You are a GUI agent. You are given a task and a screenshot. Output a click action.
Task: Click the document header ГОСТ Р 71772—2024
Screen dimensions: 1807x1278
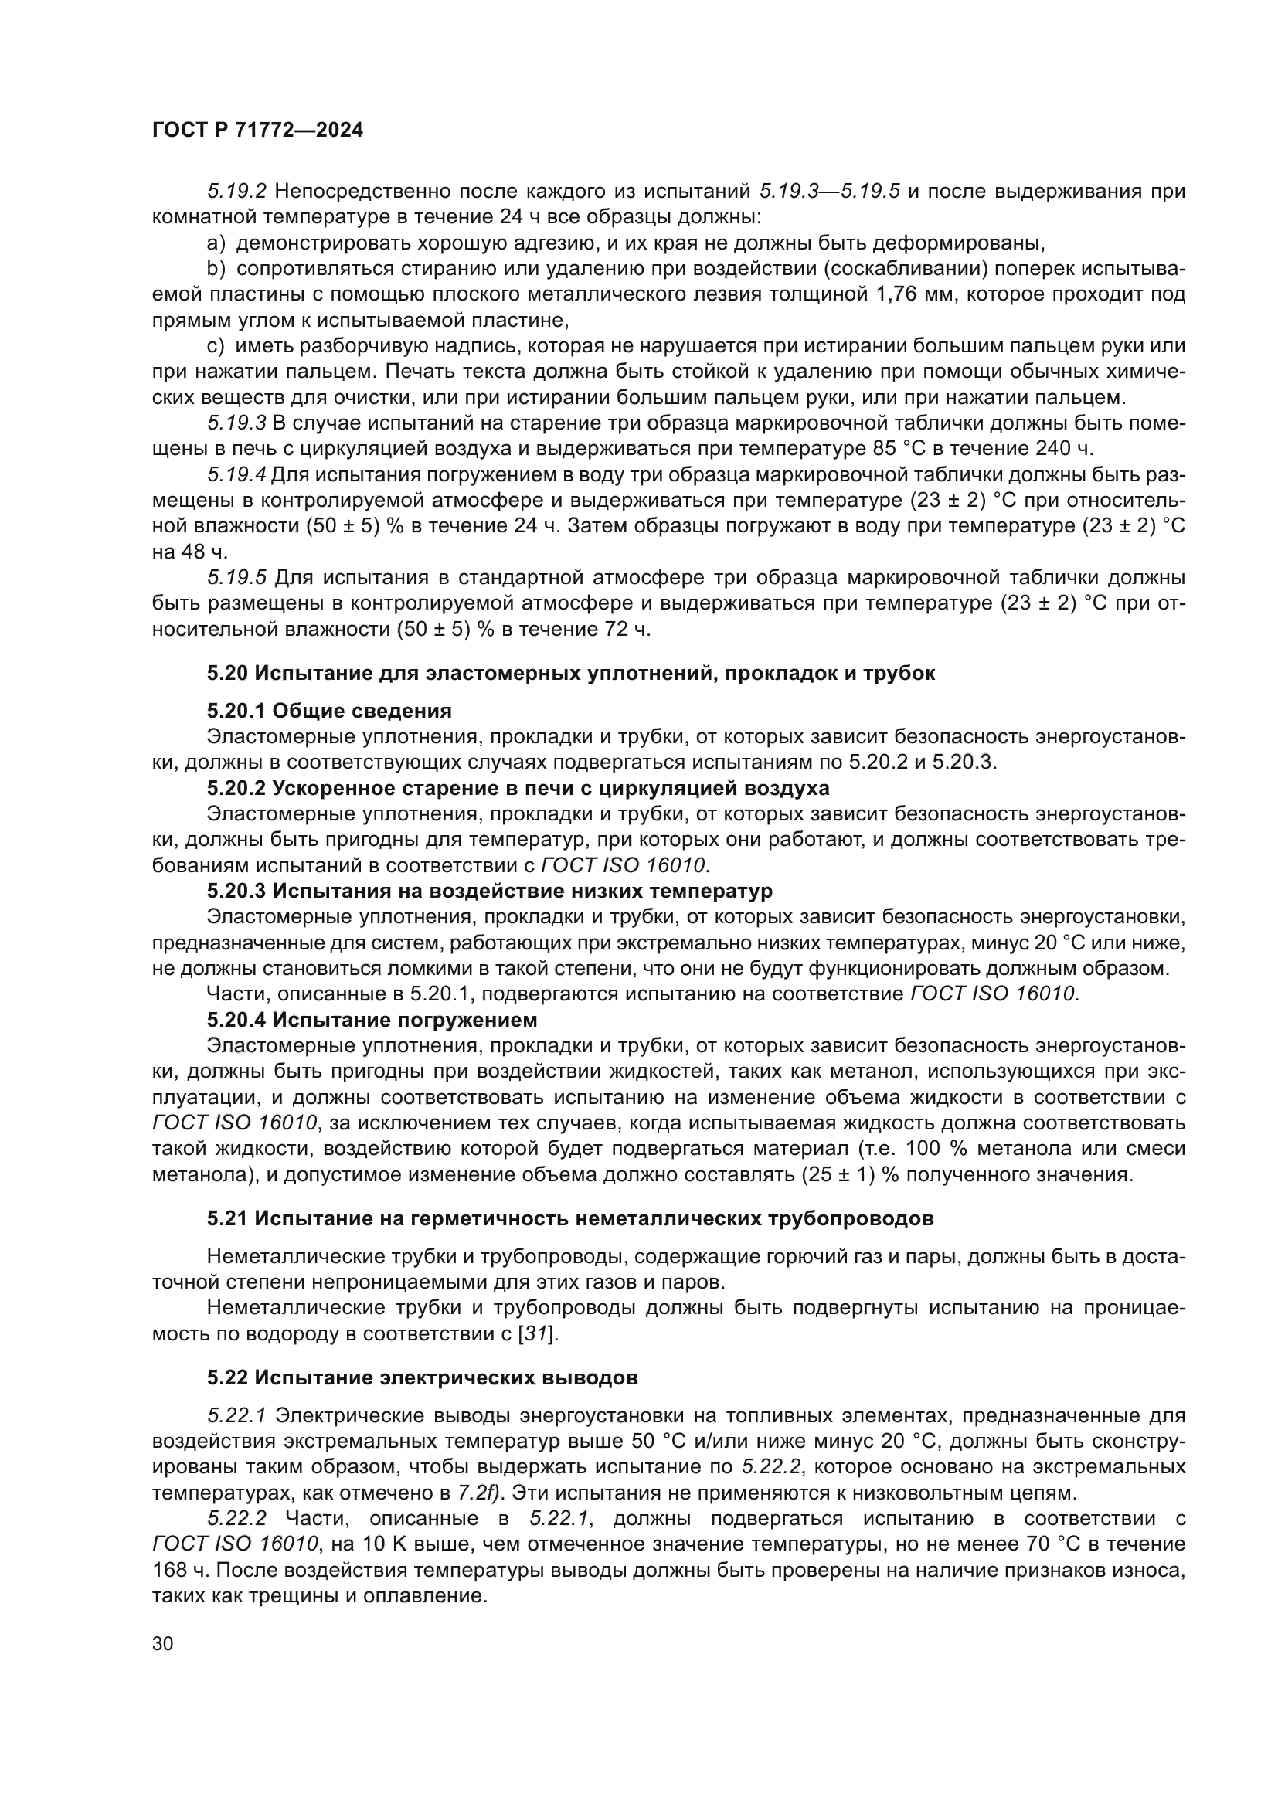point(257,131)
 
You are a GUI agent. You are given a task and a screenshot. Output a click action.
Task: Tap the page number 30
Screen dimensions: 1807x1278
point(163,1643)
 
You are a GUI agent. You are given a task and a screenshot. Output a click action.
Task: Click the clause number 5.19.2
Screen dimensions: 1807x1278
point(238,192)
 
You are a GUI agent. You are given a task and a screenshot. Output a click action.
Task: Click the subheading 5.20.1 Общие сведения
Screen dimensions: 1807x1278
point(329,711)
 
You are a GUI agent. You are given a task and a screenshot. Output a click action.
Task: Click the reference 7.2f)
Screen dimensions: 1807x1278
point(481,1493)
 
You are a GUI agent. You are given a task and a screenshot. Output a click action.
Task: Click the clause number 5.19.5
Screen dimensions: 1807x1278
point(238,578)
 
